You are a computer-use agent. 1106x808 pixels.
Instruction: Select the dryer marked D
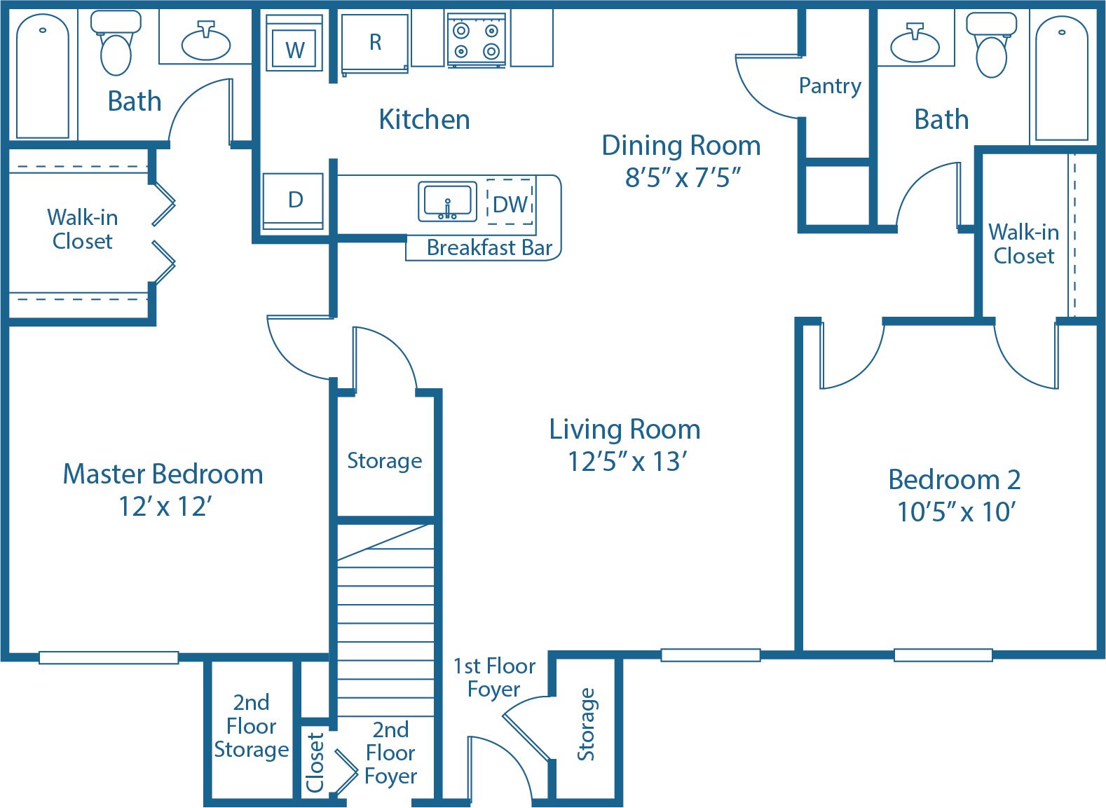pos(294,200)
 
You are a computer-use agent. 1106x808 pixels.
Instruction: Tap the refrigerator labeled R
pos(375,43)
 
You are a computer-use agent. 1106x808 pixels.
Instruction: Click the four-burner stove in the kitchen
pos(476,41)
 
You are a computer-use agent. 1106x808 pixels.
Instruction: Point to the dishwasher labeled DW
pos(510,204)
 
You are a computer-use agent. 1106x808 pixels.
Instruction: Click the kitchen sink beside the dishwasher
pos(447,202)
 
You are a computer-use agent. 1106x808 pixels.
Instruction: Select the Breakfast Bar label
pos(489,248)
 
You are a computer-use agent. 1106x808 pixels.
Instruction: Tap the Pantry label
pos(830,86)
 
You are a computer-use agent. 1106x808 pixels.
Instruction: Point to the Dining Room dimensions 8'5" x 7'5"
pos(683,178)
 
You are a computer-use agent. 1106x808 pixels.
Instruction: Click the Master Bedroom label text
pos(163,474)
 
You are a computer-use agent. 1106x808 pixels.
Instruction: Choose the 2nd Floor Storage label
pos(251,726)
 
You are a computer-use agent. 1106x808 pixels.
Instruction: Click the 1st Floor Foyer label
pos(494,677)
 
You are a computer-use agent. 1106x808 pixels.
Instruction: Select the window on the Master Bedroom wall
pos(109,657)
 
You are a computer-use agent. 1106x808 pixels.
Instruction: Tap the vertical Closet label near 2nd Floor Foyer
pos(315,762)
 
